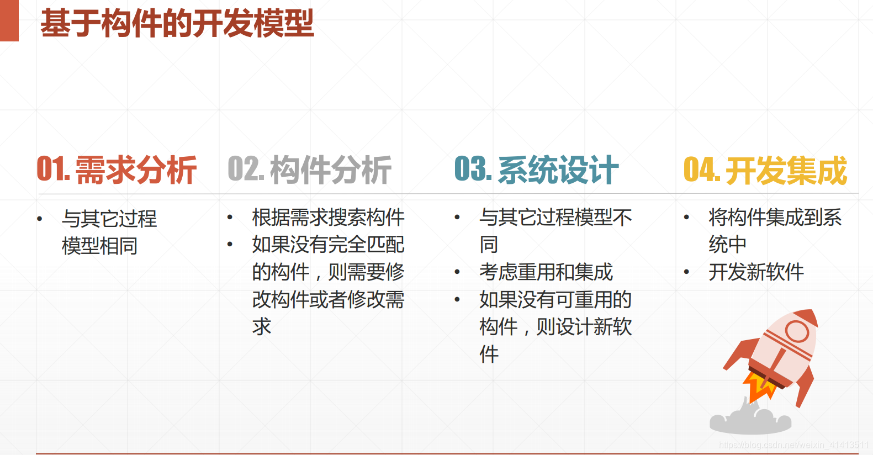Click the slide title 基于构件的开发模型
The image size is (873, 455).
pyautogui.click(x=177, y=23)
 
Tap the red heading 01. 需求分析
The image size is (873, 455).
pyautogui.click(x=117, y=170)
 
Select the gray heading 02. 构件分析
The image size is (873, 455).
pyautogui.click(x=309, y=170)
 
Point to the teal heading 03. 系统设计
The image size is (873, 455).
pyautogui.click(x=536, y=170)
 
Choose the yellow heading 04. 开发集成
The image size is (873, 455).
pyautogui.click(x=765, y=170)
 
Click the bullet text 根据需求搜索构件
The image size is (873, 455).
pyautogui.click(x=328, y=218)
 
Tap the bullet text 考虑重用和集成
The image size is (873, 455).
pyautogui.click(x=546, y=272)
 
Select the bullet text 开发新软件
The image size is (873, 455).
pyautogui.click(x=756, y=272)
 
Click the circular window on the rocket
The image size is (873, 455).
pyautogui.click(x=797, y=332)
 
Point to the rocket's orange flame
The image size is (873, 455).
pyautogui.click(x=760, y=387)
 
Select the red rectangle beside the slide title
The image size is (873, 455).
pyautogui.click(x=9, y=20)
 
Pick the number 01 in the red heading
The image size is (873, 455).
pyautogui.click(x=50, y=169)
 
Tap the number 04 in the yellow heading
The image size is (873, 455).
pyautogui.click(x=698, y=170)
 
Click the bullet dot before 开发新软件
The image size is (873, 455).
pyautogui.click(x=686, y=272)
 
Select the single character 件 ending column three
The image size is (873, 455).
pyautogui.click(x=489, y=354)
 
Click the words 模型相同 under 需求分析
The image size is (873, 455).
pyautogui.click(x=99, y=246)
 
